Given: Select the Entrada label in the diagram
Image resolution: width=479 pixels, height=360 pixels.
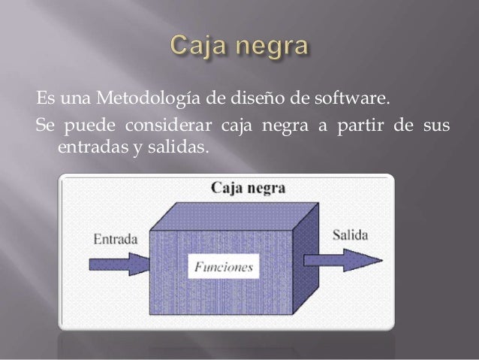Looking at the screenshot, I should coord(115,240).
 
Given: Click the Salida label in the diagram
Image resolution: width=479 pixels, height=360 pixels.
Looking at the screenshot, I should coord(349,235).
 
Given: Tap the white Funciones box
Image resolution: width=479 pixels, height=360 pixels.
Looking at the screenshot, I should coord(224,266).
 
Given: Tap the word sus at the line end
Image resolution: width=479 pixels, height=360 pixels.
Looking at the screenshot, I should coord(433,125).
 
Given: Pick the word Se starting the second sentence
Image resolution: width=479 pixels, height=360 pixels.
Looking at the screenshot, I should coord(44,125).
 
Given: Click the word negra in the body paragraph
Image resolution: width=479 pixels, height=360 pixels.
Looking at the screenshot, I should coord(279,125).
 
